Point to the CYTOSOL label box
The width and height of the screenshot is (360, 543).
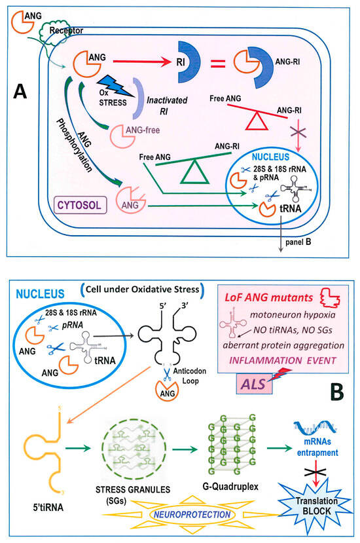[x=67, y=206]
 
